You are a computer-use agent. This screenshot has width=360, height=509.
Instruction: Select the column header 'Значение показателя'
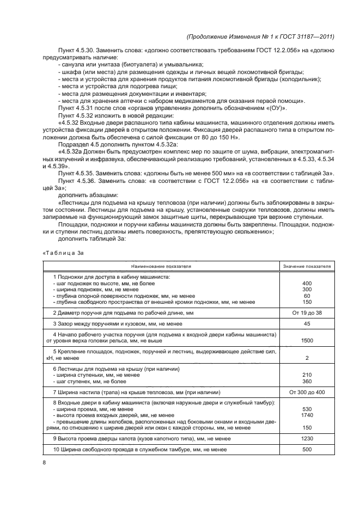coord(307,267)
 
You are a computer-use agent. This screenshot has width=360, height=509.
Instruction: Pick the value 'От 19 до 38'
coord(307,313)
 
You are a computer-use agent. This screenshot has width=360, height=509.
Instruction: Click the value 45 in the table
coord(307,324)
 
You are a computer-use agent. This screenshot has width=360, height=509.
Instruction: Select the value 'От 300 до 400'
coord(307,392)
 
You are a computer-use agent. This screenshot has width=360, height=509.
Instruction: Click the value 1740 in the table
coord(307,415)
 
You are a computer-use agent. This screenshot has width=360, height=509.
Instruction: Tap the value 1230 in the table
coord(307,438)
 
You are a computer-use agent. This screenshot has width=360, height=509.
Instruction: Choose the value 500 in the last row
coord(307,450)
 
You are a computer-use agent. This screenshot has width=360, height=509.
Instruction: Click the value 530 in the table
coord(307,409)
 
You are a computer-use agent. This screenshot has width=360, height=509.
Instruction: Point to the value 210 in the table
coord(307,375)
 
